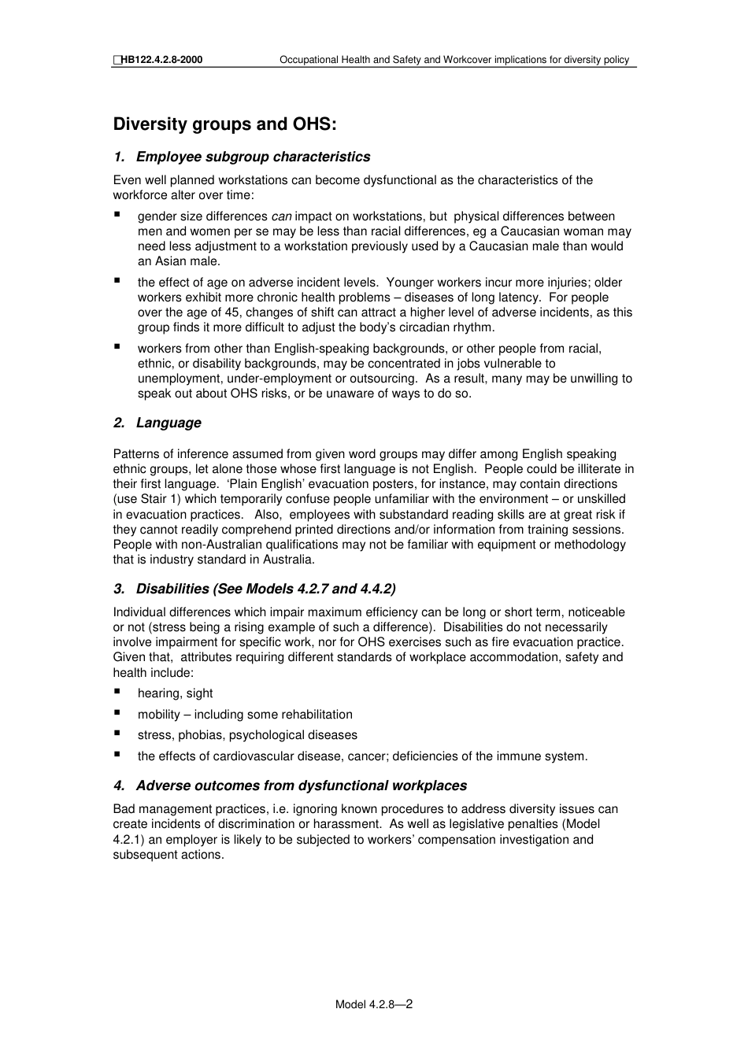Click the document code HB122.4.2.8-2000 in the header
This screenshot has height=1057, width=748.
[161, 60]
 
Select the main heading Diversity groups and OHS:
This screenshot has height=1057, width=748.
[224, 124]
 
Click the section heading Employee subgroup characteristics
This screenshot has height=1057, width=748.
[253, 157]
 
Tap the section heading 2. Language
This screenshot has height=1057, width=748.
[157, 423]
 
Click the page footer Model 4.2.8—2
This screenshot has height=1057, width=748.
[374, 1004]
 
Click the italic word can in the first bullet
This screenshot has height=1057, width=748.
[281, 216]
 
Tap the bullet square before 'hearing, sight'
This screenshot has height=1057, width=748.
[117, 692]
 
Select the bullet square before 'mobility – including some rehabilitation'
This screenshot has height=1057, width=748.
[117, 713]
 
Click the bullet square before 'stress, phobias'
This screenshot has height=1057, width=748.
[117, 734]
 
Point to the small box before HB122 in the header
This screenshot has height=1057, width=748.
[117, 60]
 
